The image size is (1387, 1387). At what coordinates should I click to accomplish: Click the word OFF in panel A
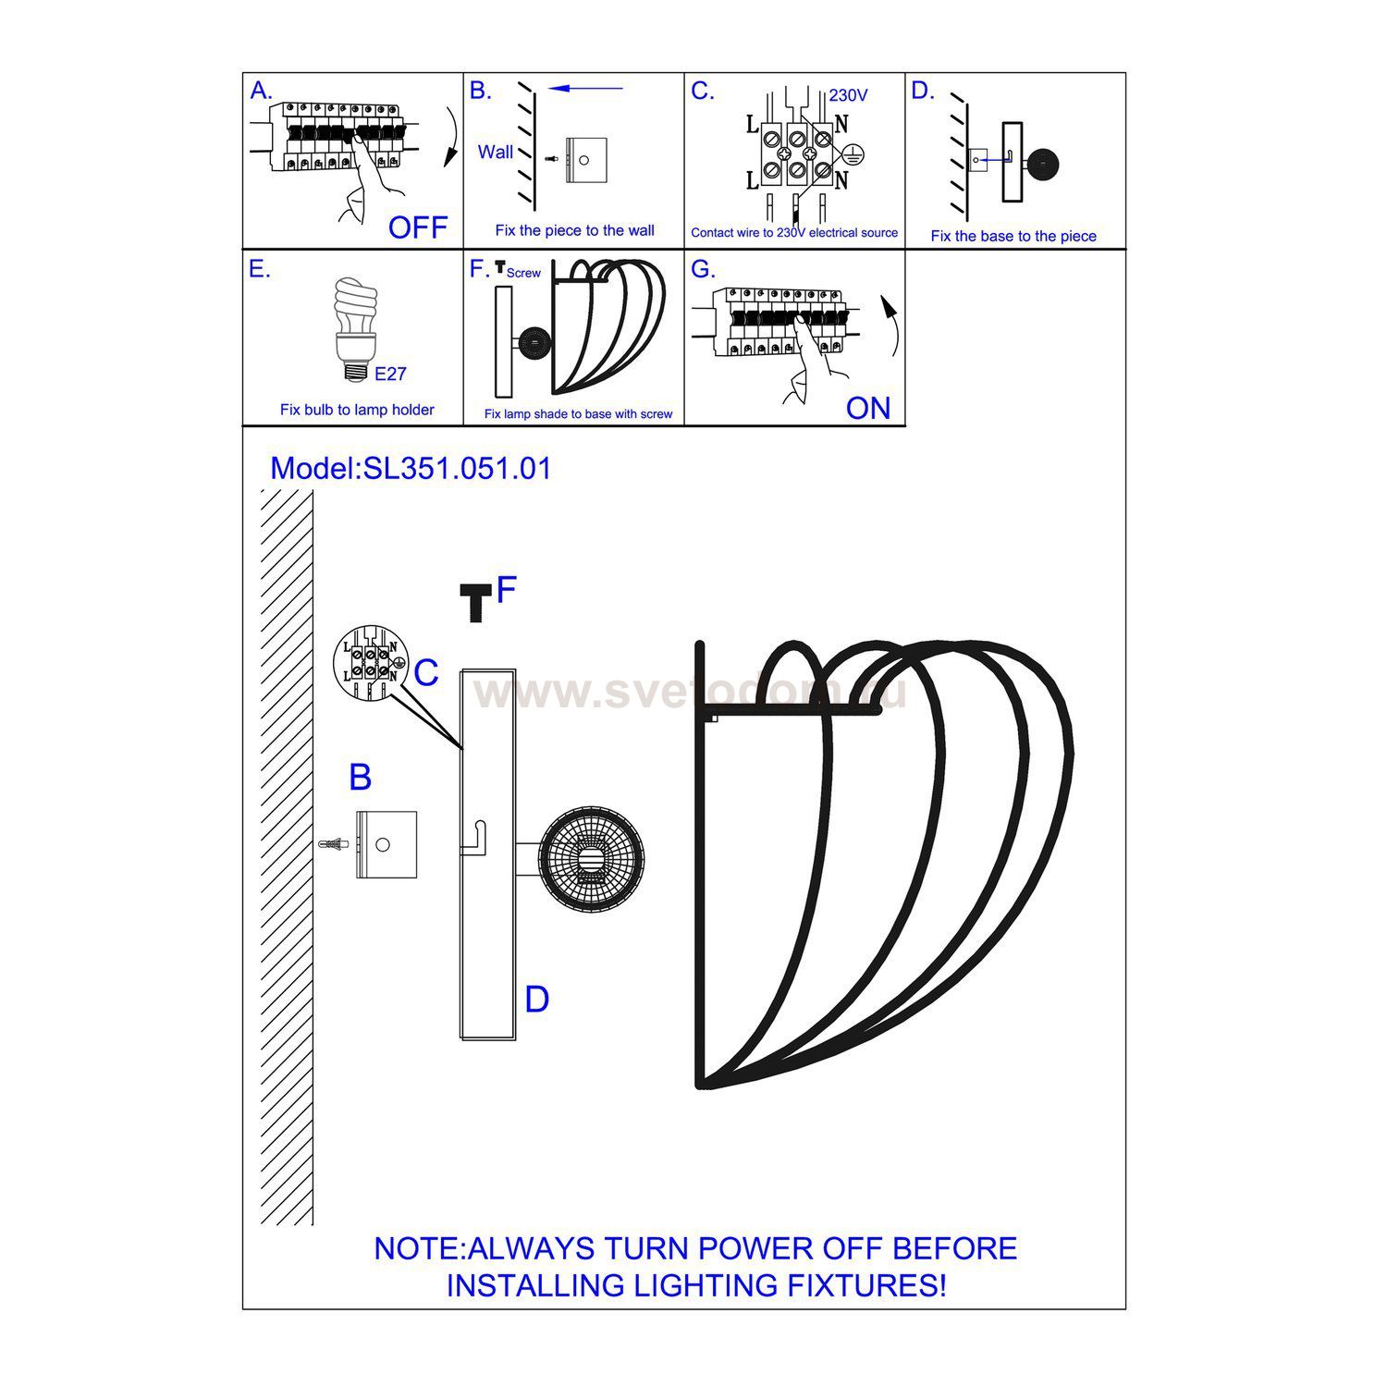tap(417, 227)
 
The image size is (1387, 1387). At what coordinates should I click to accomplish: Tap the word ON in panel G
tap(867, 408)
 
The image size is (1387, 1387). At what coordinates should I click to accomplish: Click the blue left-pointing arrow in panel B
tap(585, 89)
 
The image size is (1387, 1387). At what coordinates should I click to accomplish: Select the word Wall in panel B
tap(496, 152)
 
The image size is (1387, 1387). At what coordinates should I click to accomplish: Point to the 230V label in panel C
tap(848, 95)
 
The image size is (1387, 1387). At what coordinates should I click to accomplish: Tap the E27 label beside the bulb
tap(390, 374)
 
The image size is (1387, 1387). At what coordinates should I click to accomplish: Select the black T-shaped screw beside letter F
tap(476, 602)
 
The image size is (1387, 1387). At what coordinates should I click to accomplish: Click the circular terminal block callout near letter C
tap(370, 664)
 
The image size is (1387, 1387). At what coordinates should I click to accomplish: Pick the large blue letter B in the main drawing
tap(360, 778)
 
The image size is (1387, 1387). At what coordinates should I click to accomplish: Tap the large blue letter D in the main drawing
tap(536, 1000)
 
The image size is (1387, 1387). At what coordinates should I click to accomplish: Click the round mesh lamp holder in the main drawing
tap(592, 857)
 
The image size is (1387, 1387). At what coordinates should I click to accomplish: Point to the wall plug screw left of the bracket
tap(334, 844)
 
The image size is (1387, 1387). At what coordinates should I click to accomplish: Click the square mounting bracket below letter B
tap(387, 844)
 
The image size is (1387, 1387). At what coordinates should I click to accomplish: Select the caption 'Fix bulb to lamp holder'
tap(357, 410)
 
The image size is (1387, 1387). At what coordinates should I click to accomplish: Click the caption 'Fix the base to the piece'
tap(1013, 236)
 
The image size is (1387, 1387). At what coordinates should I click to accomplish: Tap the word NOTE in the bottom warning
tap(418, 1248)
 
